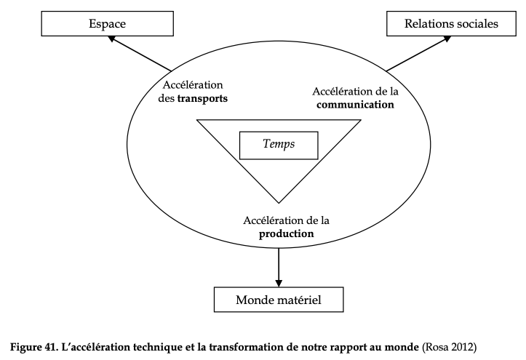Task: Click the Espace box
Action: (108, 23)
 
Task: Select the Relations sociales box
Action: (451, 23)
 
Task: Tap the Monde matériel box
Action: (279, 300)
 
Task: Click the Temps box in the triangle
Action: (279, 145)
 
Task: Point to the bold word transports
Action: (203, 99)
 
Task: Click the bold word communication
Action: (355, 105)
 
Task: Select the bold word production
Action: (287, 234)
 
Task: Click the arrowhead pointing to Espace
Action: (112, 39)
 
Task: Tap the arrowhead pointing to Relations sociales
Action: (447, 39)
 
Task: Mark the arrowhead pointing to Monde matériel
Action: (279, 283)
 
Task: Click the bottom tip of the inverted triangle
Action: (279, 203)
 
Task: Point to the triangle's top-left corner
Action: (197, 120)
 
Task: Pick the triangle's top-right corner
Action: (361, 120)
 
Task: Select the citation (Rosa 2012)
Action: (449, 347)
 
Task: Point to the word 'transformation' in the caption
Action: (247, 347)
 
